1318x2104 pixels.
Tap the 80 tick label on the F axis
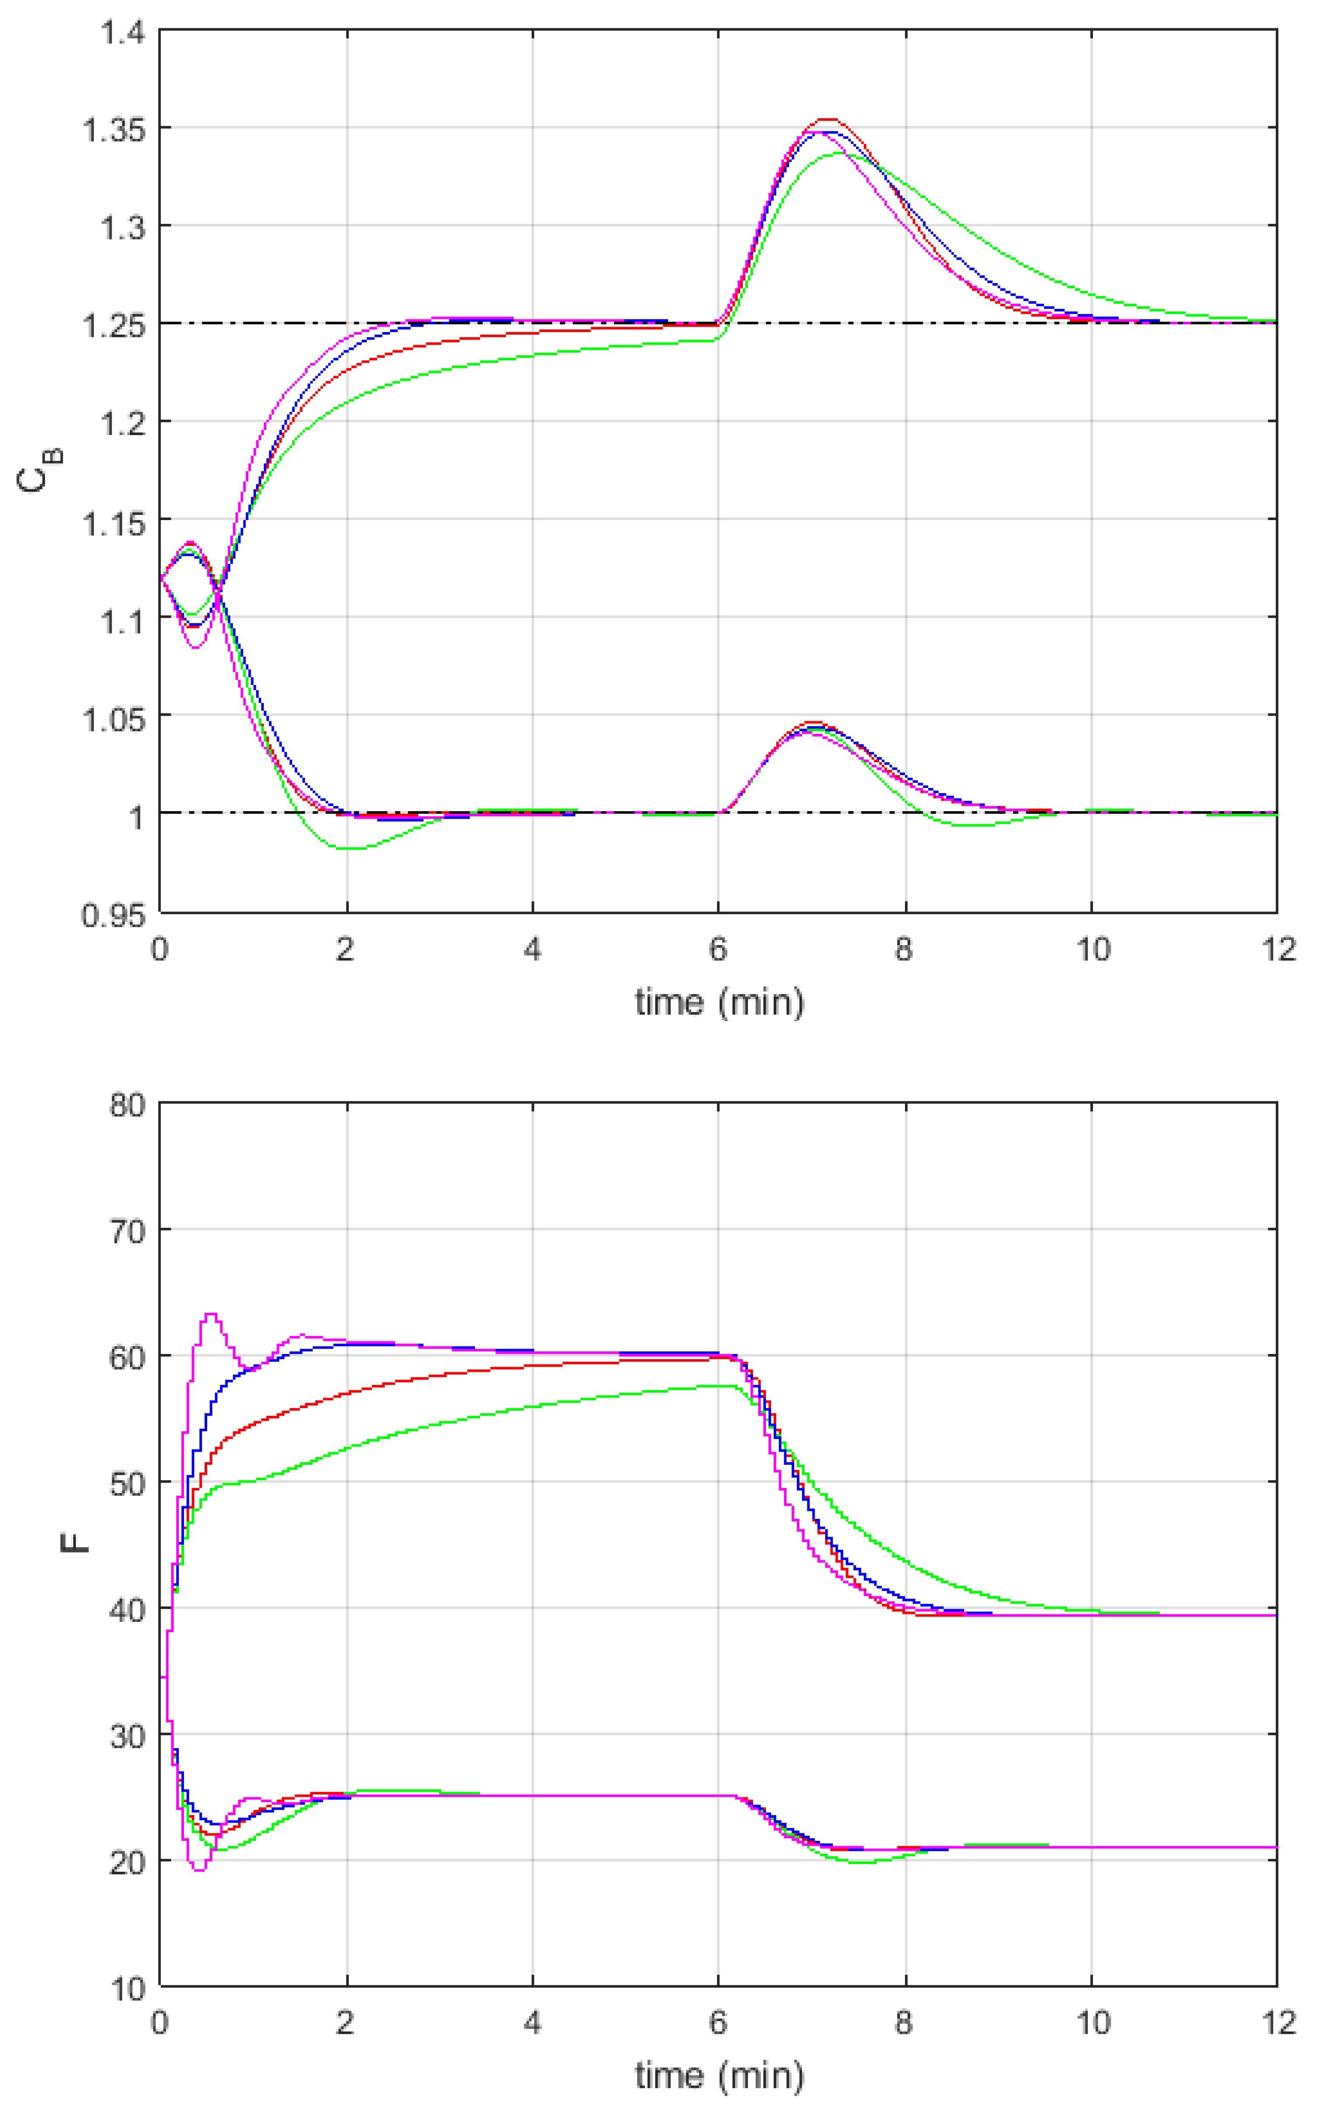(x=127, y=1106)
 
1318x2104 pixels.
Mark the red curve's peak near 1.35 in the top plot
(x=827, y=119)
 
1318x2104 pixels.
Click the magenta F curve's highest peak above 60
(x=210, y=1314)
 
